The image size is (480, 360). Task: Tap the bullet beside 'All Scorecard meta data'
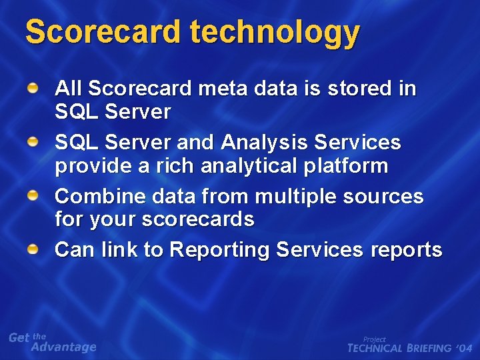tap(33, 88)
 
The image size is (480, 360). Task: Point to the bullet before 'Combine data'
tap(33, 196)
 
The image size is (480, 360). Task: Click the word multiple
tap(297, 196)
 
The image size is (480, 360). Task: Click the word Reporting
tap(219, 250)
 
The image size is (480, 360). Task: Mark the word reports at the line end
tap(406, 250)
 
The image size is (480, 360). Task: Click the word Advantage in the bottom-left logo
tap(64, 347)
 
